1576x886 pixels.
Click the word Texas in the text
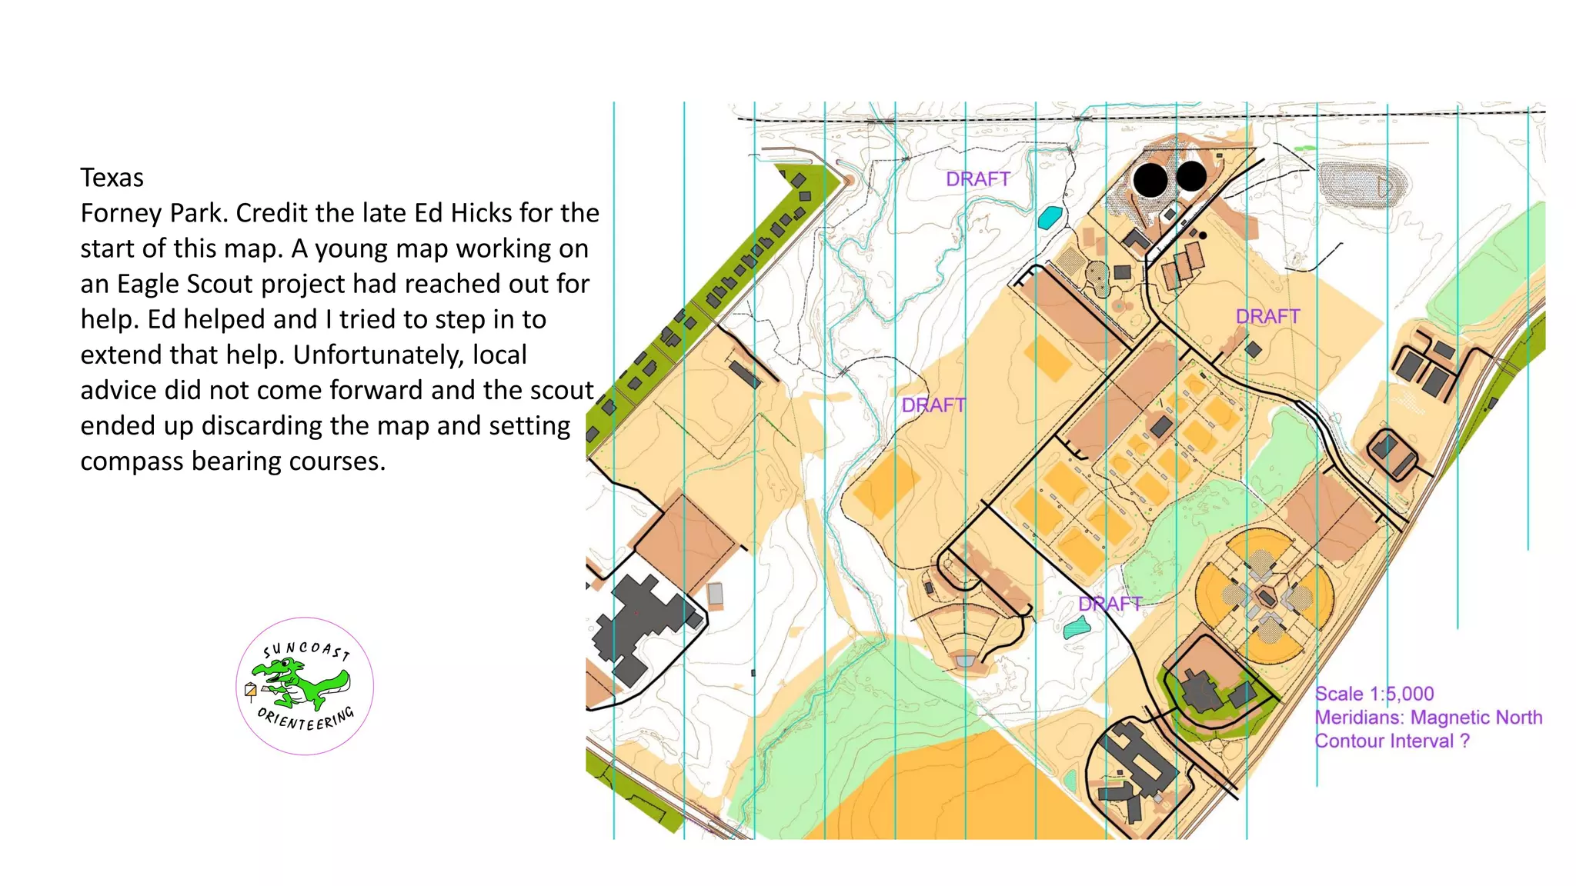click(112, 178)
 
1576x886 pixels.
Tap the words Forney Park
click(154, 213)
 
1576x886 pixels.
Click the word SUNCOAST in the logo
click(306, 650)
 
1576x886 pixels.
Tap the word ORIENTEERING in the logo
click(306, 720)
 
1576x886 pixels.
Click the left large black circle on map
click(1150, 180)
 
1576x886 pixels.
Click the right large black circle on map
click(1191, 176)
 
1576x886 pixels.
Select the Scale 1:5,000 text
click(1374, 694)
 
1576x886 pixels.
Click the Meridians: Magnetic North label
click(1428, 718)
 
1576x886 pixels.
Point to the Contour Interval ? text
click(1392, 741)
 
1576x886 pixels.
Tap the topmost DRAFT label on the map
click(977, 179)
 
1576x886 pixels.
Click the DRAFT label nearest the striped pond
click(1110, 604)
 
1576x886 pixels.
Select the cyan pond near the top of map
click(1050, 218)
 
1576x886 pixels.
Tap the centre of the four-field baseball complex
click(1265, 597)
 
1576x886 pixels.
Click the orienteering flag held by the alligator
click(250, 690)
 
